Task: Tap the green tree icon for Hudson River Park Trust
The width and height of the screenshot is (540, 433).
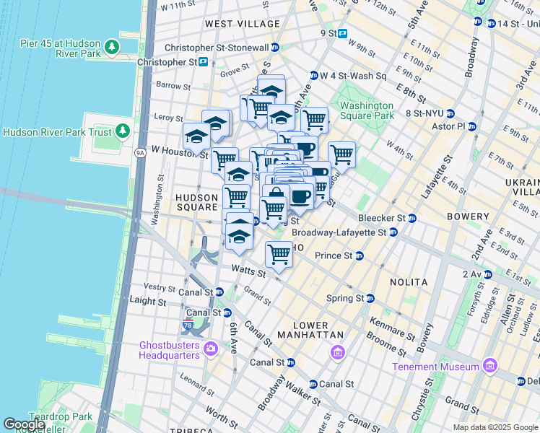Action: (x=123, y=131)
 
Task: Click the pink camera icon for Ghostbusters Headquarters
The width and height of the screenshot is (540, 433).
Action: (x=211, y=350)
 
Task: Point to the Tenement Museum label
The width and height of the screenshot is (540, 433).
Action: (x=436, y=367)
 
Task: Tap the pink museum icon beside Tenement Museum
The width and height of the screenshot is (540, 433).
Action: (x=490, y=366)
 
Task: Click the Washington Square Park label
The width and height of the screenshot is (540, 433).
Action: (x=367, y=110)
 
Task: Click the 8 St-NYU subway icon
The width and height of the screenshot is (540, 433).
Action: (x=450, y=113)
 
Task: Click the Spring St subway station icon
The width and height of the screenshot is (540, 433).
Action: (x=370, y=298)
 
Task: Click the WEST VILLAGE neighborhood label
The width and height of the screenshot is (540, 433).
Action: (x=242, y=24)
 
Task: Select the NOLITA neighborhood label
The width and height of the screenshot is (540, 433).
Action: (x=408, y=282)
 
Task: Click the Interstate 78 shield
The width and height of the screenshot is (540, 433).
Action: (x=188, y=325)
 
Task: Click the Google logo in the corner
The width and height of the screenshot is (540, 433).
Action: (x=25, y=424)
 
